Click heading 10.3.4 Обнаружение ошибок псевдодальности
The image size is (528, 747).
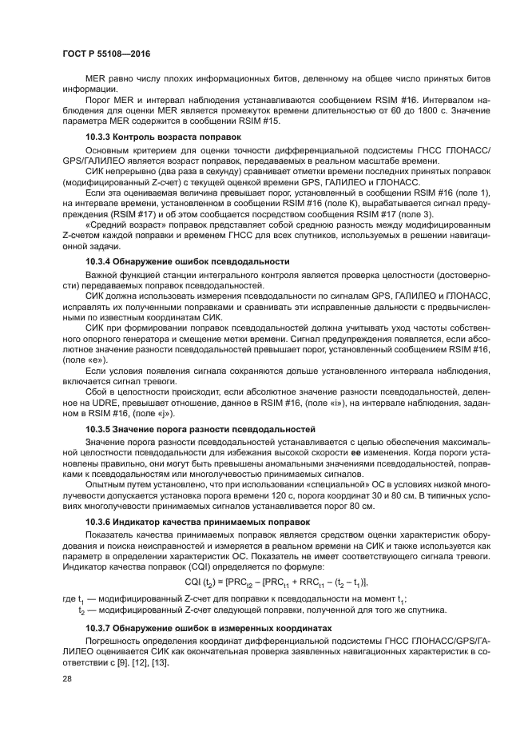[187, 262]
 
